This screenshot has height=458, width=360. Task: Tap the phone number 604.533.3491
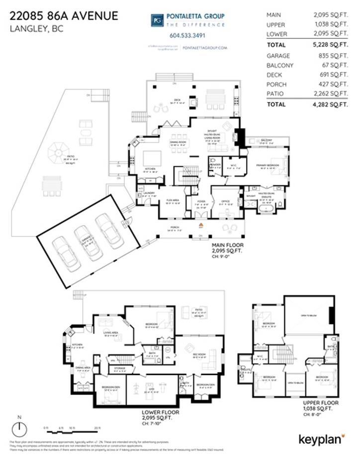pyautogui.click(x=187, y=35)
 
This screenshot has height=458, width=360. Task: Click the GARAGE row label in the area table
pyautogui.click(x=278, y=56)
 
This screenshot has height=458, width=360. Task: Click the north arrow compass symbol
pyautogui.click(x=19, y=428)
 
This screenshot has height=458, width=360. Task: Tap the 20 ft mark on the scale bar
pyautogui.click(x=97, y=428)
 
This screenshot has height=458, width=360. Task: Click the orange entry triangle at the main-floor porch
pyautogui.click(x=201, y=225)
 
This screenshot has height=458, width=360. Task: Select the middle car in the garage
pyautogui.click(x=88, y=241)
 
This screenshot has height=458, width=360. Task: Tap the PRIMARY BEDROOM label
pyautogui.click(x=269, y=165)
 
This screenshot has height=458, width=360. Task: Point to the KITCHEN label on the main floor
pyautogui.click(x=150, y=169)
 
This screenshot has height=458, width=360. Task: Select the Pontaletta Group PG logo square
pyautogui.click(x=157, y=19)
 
